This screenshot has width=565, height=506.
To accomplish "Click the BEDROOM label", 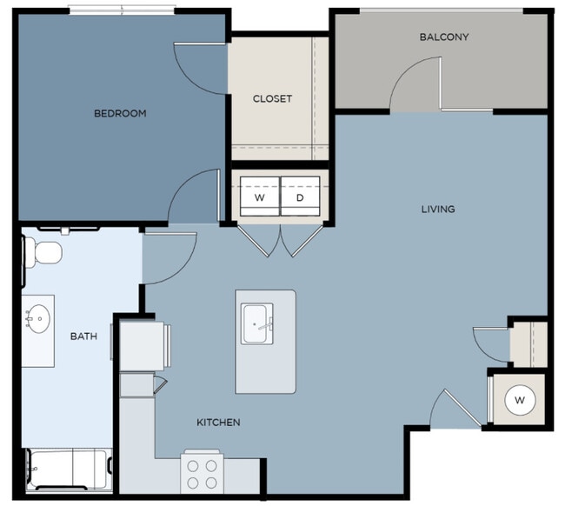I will click(x=120, y=113).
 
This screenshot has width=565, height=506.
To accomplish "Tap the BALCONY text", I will click(x=443, y=37).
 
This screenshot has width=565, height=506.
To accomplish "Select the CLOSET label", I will click(x=272, y=98).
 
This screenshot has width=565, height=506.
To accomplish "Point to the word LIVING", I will click(x=438, y=209).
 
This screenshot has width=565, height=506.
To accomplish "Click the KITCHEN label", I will click(x=217, y=423).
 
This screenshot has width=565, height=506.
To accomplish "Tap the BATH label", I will click(x=83, y=336).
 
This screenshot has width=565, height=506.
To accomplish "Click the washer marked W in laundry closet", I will click(x=259, y=197).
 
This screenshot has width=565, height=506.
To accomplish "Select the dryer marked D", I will click(x=300, y=197).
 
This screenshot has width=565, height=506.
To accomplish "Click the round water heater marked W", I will click(x=520, y=400).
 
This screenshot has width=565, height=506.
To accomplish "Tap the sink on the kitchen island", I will click(x=257, y=323).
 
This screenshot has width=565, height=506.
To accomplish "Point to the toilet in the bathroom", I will click(x=42, y=252).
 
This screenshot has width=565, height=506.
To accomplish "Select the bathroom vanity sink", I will click(x=37, y=319).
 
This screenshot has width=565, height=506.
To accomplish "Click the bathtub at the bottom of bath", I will click(x=67, y=470).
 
